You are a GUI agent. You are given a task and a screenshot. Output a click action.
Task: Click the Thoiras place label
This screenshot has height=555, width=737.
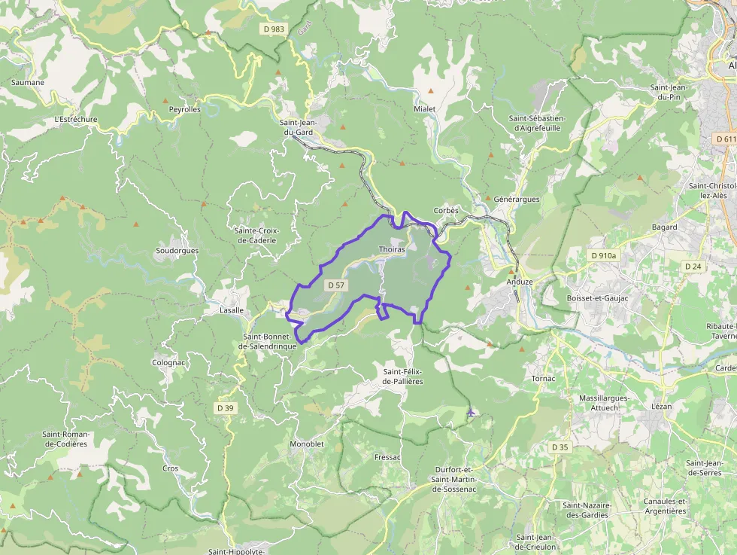[x=392, y=249]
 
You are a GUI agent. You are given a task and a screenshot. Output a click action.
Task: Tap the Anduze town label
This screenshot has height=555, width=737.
[x=519, y=282]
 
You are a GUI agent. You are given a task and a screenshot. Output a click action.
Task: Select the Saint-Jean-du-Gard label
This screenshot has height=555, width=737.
[x=298, y=127]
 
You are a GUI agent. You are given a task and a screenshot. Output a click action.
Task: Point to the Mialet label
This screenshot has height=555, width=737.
[x=424, y=109]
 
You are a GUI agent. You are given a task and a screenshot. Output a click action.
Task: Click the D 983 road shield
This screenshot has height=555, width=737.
[x=274, y=29]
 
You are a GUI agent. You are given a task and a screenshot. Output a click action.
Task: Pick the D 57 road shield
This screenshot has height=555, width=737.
[x=335, y=285]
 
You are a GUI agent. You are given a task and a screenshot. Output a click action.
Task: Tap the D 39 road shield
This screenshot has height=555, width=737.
[x=226, y=408]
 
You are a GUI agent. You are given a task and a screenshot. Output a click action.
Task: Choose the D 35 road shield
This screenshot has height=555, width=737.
[x=560, y=447]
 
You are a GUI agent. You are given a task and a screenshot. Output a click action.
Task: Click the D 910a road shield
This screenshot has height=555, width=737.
[x=603, y=255]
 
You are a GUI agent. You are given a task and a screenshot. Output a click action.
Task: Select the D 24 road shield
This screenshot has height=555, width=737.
[x=693, y=267]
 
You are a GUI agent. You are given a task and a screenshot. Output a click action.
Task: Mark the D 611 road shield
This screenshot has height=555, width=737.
[x=725, y=139]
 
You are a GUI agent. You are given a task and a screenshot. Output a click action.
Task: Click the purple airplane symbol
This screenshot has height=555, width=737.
[x=471, y=412]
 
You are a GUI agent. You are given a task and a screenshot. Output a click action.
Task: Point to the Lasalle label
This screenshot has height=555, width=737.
[x=231, y=310]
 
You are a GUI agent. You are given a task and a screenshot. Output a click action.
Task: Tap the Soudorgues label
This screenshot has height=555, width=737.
[x=177, y=250]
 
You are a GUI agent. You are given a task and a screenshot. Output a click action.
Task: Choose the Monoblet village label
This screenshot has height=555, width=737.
[x=306, y=444]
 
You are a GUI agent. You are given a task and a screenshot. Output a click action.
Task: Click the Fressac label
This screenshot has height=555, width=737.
[x=387, y=457]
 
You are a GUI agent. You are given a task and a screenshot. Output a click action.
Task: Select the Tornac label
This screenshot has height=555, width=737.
[x=542, y=378]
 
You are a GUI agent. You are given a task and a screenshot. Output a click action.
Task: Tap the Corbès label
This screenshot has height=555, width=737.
[x=446, y=211]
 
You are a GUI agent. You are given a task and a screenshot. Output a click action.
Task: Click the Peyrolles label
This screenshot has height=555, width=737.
[x=184, y=109]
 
